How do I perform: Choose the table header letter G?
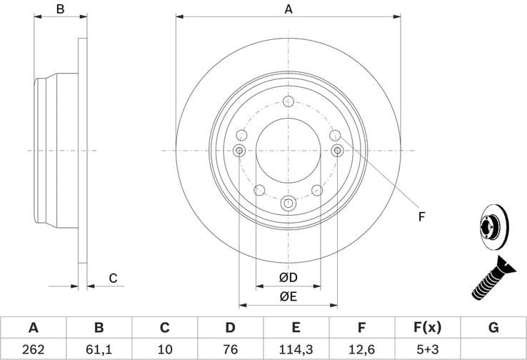(493, 328)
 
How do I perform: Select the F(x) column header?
(427, 328)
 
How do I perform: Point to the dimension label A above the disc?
(288, 9)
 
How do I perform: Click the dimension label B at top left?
(61, 9)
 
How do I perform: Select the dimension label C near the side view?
(113, 279)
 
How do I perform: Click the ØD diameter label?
(288, 277)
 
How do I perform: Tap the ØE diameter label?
(288, 296)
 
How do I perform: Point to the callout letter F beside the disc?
(421, 216)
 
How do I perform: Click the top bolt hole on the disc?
(288, 101)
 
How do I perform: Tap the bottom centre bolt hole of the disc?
(288, 203)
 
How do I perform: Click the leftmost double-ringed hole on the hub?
(239, 150)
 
